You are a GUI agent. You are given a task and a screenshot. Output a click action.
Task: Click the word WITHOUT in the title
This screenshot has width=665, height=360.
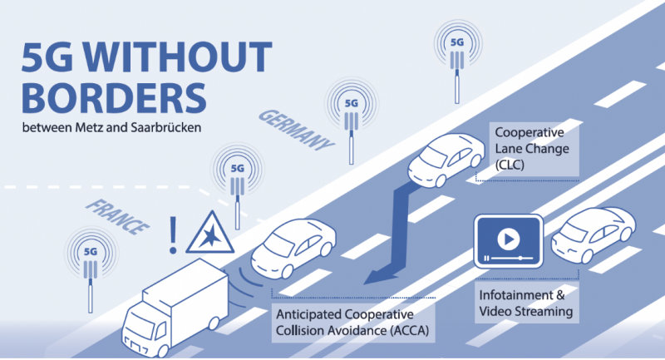177,57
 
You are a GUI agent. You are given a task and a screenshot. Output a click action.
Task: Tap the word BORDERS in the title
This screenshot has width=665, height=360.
114,98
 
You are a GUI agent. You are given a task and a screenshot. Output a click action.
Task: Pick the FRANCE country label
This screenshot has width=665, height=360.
117,217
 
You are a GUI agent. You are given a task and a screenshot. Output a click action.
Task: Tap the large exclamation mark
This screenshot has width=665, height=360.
173,235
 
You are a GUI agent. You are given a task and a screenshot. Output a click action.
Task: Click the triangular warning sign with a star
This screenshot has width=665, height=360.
210,234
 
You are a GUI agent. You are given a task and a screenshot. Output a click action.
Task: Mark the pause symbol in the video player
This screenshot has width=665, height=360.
486,259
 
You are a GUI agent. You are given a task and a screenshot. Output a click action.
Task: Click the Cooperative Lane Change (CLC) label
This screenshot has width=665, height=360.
532,149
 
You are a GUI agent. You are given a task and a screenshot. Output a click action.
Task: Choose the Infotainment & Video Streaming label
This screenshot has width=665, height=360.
526,303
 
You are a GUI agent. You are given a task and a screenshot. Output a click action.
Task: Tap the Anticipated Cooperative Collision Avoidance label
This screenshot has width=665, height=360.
352,323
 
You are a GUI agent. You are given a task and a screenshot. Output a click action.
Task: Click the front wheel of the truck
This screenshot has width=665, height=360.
162,351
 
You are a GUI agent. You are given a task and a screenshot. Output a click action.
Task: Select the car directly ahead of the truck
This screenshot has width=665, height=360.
293,248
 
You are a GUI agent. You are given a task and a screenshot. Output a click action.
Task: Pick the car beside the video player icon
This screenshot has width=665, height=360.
594,234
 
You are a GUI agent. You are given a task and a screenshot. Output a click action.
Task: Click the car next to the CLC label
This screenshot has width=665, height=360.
446,160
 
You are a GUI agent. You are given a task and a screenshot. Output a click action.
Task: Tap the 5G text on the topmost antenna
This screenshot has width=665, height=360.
457,42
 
